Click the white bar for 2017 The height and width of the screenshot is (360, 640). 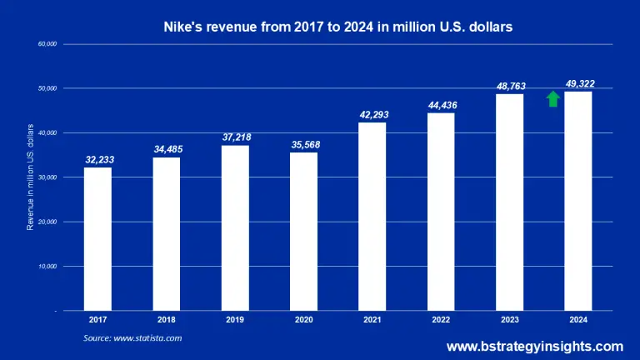tap(97, 238)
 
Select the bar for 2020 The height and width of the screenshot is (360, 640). tap(303, 231)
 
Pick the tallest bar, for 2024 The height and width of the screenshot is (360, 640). tap(577, 201)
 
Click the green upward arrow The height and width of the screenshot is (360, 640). tap(552, 99)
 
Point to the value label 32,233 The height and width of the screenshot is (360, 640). tap(98, 159)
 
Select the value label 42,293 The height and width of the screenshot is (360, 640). tap(372, 114)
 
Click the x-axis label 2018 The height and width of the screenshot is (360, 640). tap(167, 319)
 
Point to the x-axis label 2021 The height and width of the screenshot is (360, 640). tap(372, 319)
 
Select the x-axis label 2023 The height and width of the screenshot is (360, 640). tap(509, 319)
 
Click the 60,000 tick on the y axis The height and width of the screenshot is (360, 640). tap(46, 43)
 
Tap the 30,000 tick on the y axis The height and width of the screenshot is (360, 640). tap(46, 177)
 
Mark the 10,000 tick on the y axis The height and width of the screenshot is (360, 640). tap(46, 267)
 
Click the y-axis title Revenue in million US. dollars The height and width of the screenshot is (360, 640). tap(30, 177)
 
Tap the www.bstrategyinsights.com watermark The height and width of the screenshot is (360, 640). tap(534, 346)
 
